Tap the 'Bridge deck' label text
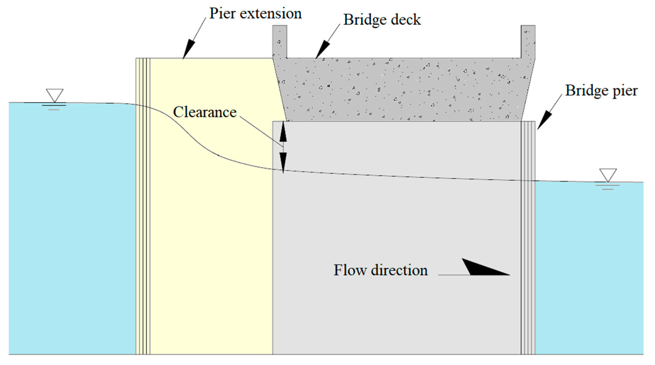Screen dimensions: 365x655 [382, 20]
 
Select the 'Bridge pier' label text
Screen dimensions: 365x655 [601, 90]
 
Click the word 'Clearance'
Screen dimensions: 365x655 [205, 112]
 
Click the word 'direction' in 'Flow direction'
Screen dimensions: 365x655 [399, 270]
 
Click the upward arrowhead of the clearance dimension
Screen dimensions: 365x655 [283, 134]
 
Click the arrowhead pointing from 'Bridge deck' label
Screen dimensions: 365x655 [322, 49]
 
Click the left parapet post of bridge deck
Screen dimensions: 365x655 [280, 41]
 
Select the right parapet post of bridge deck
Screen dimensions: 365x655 [528, 41]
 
